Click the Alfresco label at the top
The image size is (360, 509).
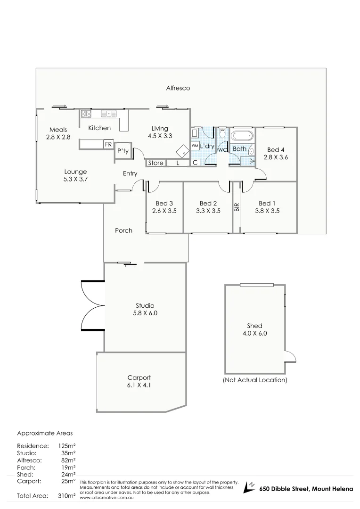(178, 88)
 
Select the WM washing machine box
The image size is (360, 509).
(195, 146)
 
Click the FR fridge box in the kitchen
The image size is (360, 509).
(108, 144)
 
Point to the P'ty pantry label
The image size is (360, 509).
(123, 151)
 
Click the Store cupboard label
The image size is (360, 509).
(155, 163)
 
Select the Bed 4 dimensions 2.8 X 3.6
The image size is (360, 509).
(275, 157)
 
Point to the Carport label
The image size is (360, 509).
(139, 378)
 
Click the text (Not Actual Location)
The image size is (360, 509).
(254, 380)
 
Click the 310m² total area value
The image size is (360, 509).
(66, 496)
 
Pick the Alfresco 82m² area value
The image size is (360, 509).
(68, 460)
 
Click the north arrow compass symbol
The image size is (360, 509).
(250, 488)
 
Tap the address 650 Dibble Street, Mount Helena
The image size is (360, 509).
(306, 489)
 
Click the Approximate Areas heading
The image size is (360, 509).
(45, 433)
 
